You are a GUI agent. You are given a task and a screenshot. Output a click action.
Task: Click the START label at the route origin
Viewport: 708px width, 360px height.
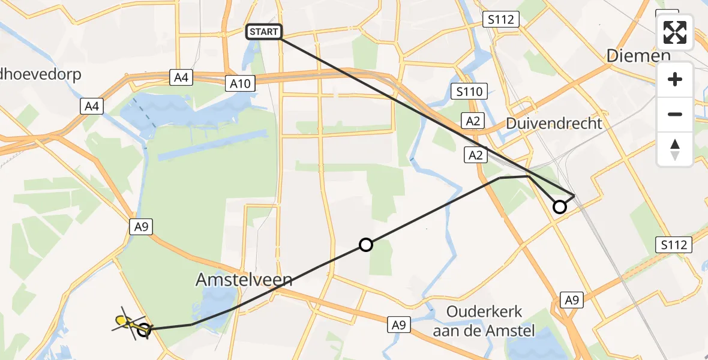(264, 32)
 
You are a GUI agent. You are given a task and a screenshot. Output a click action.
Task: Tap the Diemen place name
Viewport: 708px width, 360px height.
(638, 56)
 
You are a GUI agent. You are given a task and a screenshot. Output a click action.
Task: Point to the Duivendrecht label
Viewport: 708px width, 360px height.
(554, 124)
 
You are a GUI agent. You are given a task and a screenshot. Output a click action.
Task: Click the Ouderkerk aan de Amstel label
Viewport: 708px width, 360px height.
(485, 321)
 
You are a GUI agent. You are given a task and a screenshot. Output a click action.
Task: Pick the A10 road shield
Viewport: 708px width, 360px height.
(242, 83)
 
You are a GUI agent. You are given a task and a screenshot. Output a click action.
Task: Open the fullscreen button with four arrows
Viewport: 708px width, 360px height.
(675, 32)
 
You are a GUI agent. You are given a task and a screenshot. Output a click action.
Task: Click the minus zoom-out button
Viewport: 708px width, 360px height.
(675, 114)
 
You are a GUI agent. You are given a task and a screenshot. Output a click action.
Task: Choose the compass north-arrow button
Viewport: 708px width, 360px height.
(675, 149)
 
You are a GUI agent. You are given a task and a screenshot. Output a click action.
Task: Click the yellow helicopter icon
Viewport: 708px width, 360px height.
(125, 323)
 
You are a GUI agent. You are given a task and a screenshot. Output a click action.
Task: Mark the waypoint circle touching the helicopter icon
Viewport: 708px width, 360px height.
(144, 329)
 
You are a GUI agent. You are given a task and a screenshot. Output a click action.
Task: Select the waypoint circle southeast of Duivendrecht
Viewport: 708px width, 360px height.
(559, 207)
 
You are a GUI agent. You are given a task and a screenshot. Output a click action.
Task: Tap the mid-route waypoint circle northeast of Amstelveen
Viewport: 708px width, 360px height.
(365, 244)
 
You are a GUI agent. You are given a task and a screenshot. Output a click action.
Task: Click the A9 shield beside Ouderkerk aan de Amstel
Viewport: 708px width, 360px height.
(398, 324)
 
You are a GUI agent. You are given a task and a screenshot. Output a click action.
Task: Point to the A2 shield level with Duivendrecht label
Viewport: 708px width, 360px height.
(472, 121)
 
